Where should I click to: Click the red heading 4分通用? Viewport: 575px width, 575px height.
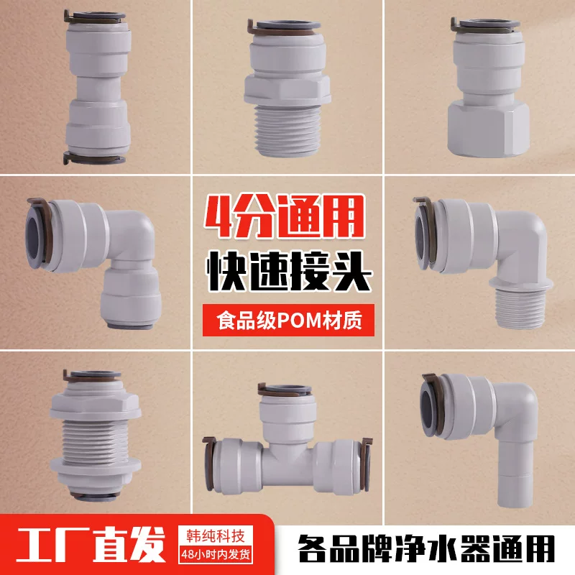[284, 217]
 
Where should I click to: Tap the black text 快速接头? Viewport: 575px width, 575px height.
[289, 271]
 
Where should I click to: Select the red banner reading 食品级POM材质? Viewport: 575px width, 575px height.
[289, 320]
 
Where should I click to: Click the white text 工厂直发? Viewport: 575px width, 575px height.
[91, 545]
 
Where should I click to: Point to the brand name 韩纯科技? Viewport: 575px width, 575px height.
[216, 536]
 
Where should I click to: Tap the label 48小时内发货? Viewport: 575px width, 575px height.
[216, 554]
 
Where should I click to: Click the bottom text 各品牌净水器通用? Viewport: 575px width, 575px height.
[426, 549]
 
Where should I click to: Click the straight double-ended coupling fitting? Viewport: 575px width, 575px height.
[98, 87]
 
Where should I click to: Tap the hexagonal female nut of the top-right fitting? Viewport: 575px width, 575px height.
[488, 129]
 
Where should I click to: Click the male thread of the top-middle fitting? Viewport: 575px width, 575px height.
[287, 129]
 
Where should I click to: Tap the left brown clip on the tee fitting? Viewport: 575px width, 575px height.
[209, 464]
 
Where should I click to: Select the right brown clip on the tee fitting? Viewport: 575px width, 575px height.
[366, 464]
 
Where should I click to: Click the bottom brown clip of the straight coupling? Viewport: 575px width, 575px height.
[94, 158]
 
